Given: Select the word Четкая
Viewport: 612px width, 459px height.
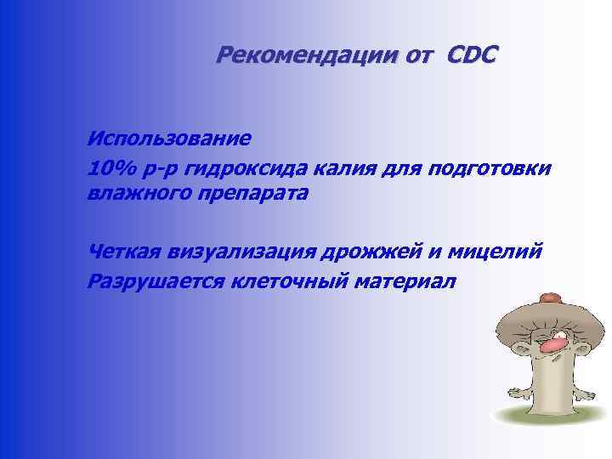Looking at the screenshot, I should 130,252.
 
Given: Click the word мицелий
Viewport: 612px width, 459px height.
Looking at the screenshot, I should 505,252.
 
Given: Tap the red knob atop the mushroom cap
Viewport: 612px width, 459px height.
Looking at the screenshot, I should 550,297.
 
